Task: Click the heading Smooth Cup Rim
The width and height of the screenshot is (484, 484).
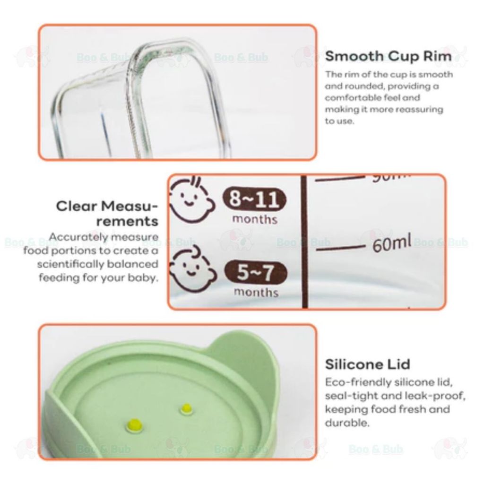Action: (x=388, y=56)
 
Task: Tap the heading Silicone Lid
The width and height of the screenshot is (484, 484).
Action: (x=367, y=364)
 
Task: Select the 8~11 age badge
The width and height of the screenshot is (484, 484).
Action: (x=254, y=199)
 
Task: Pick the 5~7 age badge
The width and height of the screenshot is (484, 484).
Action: (x=255, y=272)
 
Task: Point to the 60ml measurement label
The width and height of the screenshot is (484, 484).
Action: (x=392, y=242)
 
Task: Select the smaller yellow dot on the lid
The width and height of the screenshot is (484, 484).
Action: (x=186, y=408)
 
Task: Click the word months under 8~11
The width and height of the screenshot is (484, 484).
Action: (x=255, y=219)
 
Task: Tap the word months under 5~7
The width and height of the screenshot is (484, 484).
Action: (x=256, y=292)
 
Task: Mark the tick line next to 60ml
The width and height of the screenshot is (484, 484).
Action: (x=340, y=248)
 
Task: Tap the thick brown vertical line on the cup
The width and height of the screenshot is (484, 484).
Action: (x=304, y=242)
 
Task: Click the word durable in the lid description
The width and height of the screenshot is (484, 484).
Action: (x=347, y=423)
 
